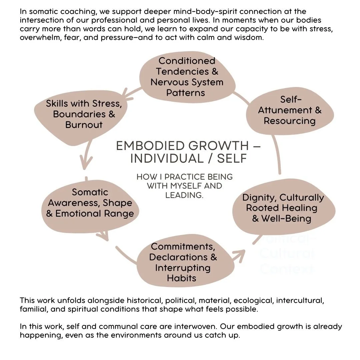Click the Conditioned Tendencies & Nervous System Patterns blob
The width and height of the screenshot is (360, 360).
(187, 77)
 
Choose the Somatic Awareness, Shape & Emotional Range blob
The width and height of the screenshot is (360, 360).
(90, 203)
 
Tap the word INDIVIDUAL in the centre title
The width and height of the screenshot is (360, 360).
(167, 159)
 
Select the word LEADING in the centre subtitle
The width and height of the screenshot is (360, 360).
(184, 195)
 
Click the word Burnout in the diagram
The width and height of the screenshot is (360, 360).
(84, 125)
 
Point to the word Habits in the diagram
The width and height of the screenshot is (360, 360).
(182, 278)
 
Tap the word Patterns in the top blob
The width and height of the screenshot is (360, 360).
(186, 93)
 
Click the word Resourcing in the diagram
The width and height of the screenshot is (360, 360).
(289, 121)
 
